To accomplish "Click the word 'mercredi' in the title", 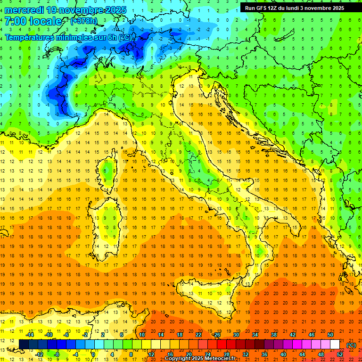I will [x=25, y=10].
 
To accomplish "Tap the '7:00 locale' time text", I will [x=33, y=21].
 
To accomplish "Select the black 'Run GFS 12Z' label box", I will [x=294, y=8].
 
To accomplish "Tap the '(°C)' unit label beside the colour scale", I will [x=351, y=345].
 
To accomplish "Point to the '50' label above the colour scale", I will [x=330, y=335].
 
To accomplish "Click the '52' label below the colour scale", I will [x=340, y=354].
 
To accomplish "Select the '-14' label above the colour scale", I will [x=30, y=335].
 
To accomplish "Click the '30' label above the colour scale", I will [x=236, y=335].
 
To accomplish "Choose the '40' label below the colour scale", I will [x=283, y=354].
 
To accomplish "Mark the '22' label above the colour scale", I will [x=198, y=335].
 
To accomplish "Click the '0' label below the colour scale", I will [x=93, y=354].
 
